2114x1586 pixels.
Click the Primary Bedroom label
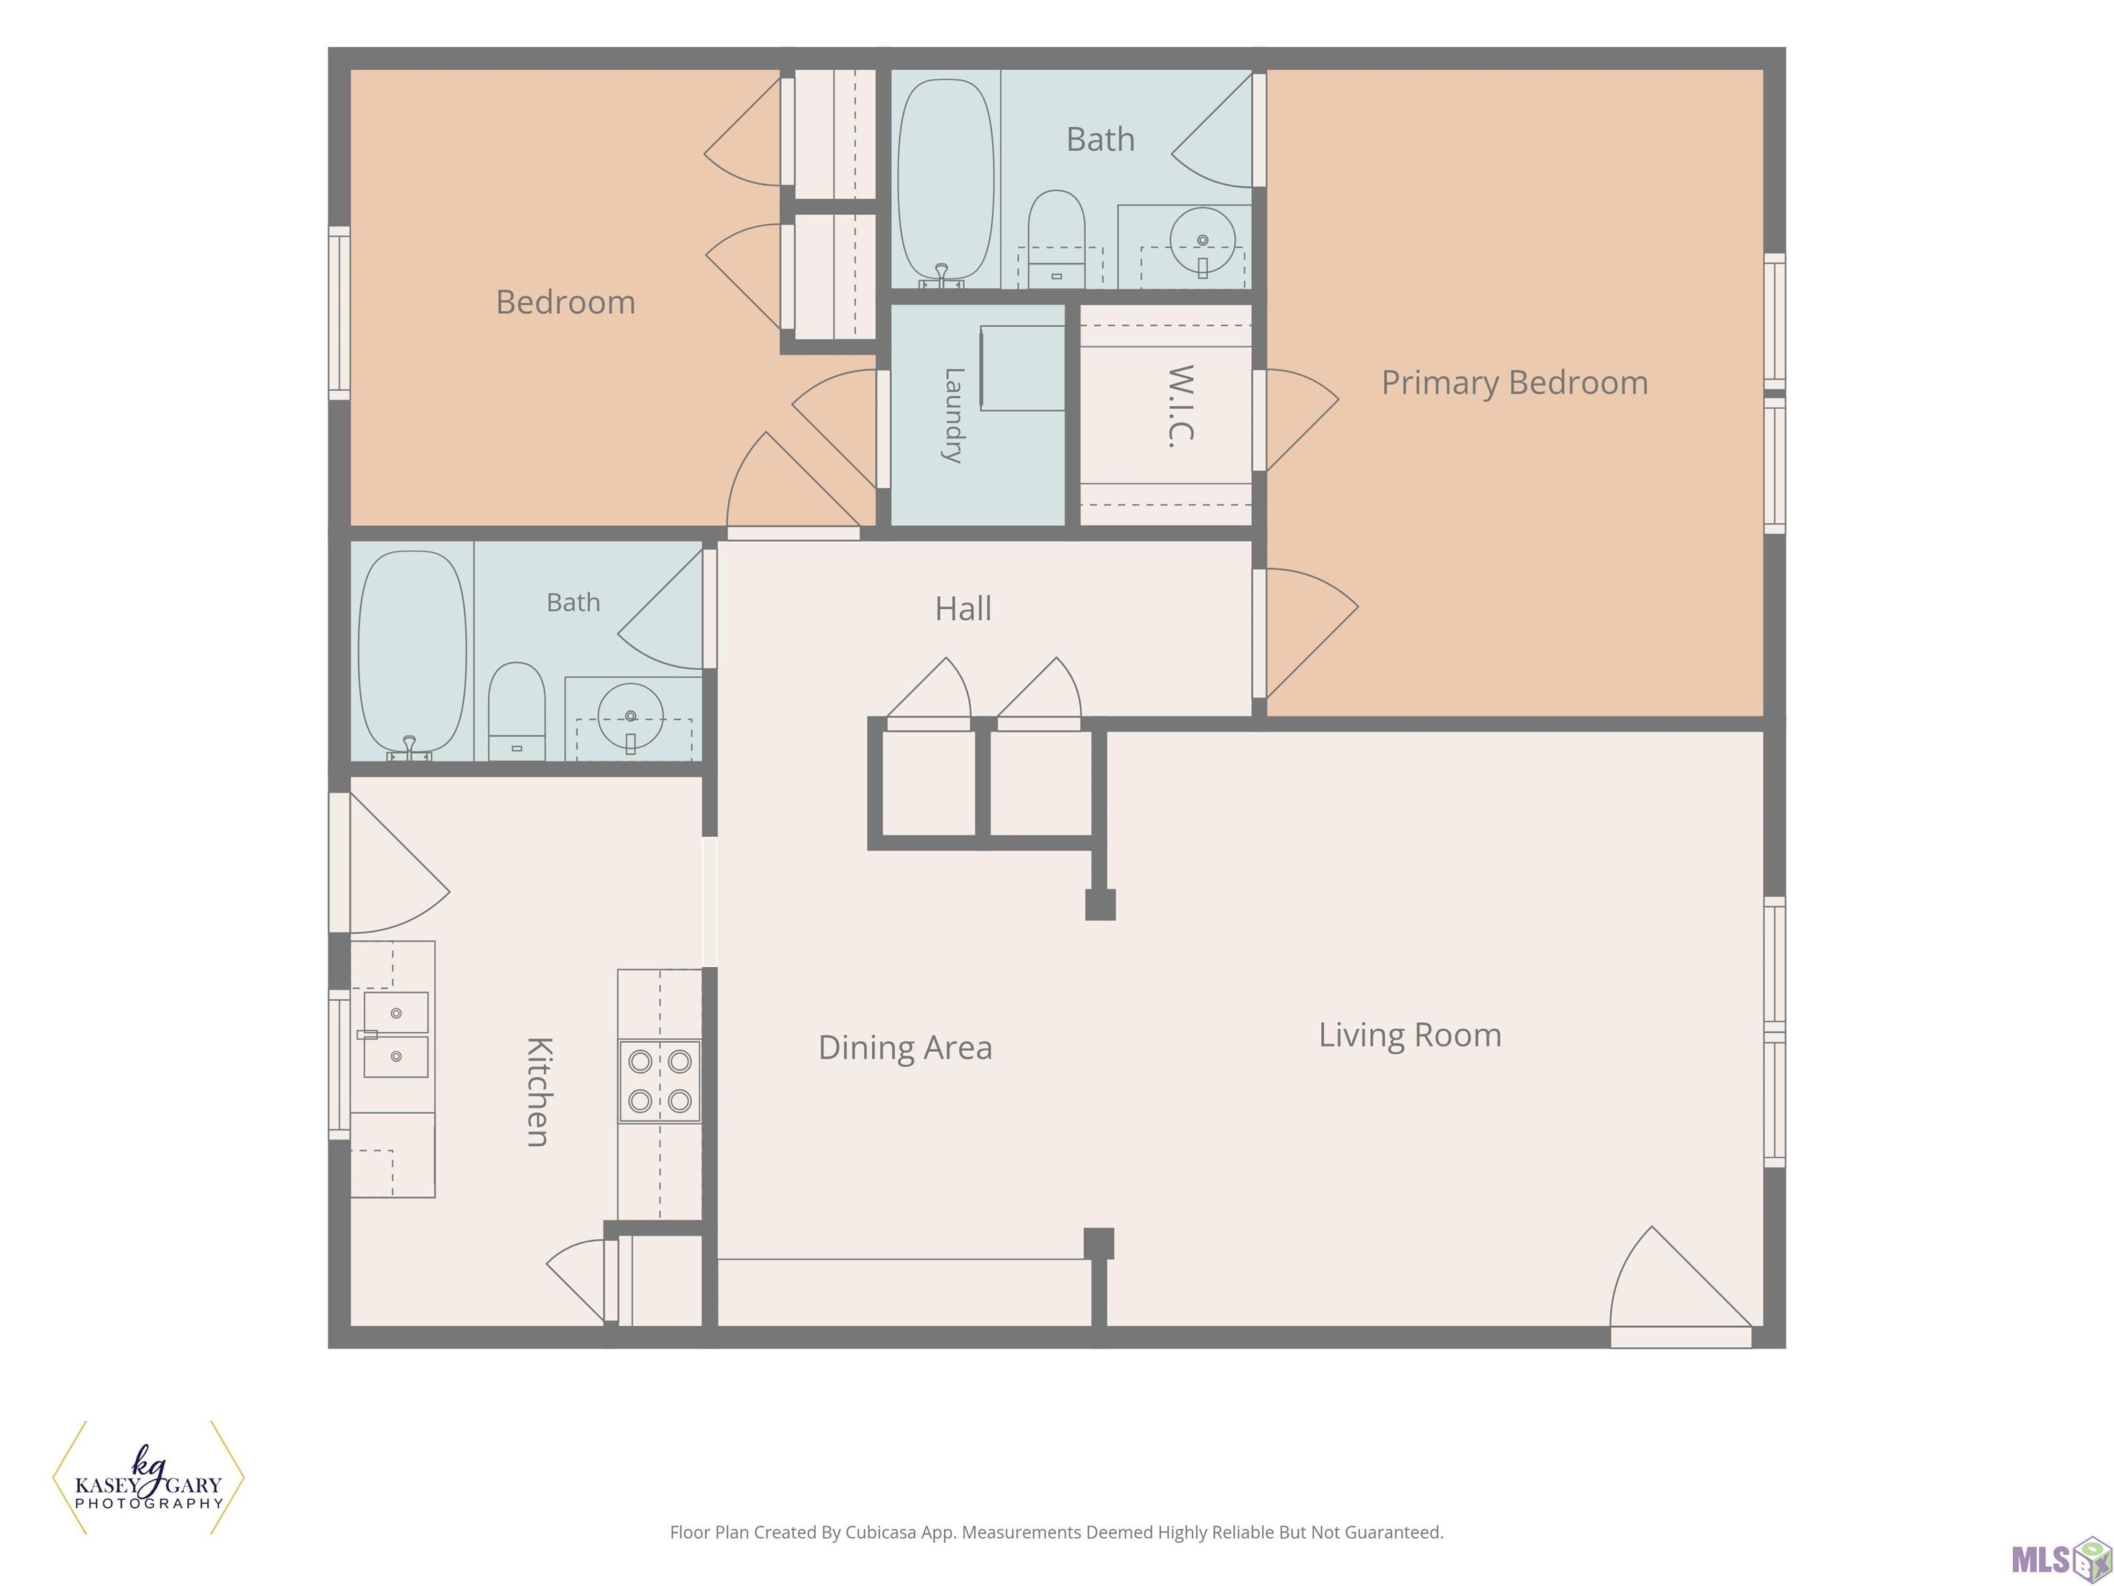(1515, 383)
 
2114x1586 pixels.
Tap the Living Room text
(1409, 1035)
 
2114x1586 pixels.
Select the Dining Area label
(905, 1048)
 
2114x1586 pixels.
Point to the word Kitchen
(538, 1091)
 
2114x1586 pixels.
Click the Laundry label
(954, 415)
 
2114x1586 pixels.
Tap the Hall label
(963, 609)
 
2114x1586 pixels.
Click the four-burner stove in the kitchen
(659, 1080)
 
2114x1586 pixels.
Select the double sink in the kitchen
(395, 1035)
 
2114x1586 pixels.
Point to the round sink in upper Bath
(1202, 240)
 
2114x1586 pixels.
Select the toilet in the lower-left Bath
(517, 711)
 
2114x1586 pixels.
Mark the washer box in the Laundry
(1022, 368)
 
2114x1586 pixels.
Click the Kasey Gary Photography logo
(148, 1477)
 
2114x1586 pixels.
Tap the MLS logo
(2060, 1559)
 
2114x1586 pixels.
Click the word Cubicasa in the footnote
(880, 1532)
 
